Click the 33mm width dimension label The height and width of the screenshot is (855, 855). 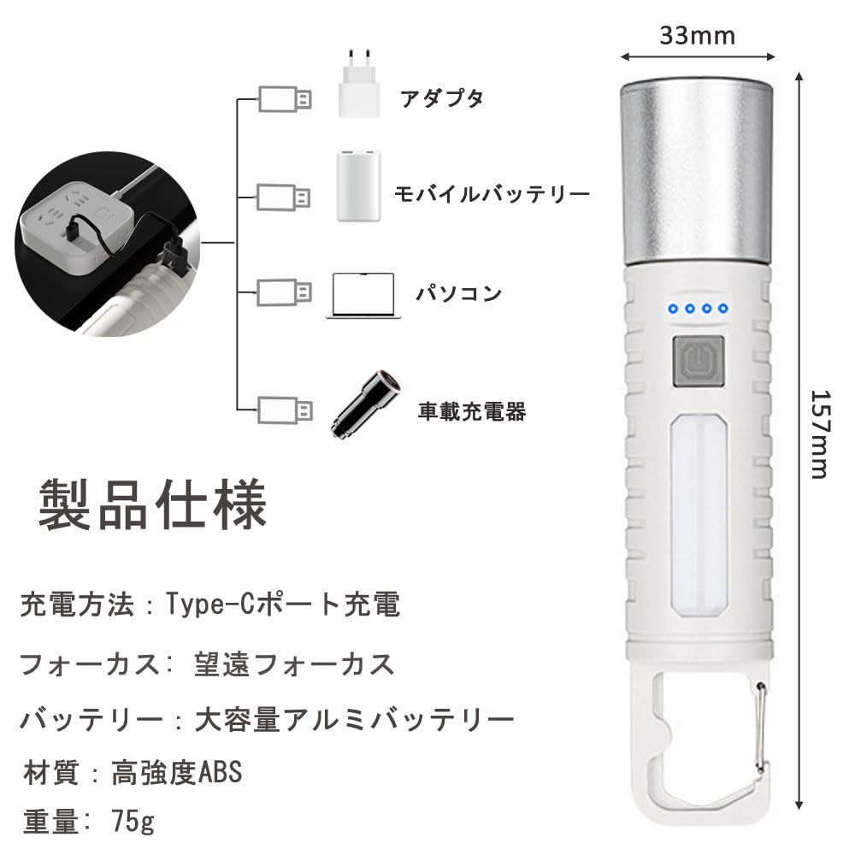(698, 36)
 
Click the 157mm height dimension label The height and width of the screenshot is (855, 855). (820, 434)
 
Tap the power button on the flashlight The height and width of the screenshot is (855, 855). (698, 362)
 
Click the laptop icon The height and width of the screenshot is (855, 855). (363, 296)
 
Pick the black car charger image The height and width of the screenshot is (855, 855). (366, 404)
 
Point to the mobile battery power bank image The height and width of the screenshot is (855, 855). (359, 186)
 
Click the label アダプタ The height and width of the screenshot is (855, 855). (442, 98)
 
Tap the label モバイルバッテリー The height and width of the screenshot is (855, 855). (492, 193)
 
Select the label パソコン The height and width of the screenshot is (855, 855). (458, 293)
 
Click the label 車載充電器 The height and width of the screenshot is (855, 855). (472, 411)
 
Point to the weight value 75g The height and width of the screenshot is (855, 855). (133, 821)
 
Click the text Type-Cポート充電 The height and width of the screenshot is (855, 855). (282, 604)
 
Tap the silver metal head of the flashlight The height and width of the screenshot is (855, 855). (697, 172)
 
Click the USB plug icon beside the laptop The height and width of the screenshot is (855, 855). (284, 292)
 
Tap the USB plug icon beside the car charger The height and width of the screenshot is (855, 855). (285, 410)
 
